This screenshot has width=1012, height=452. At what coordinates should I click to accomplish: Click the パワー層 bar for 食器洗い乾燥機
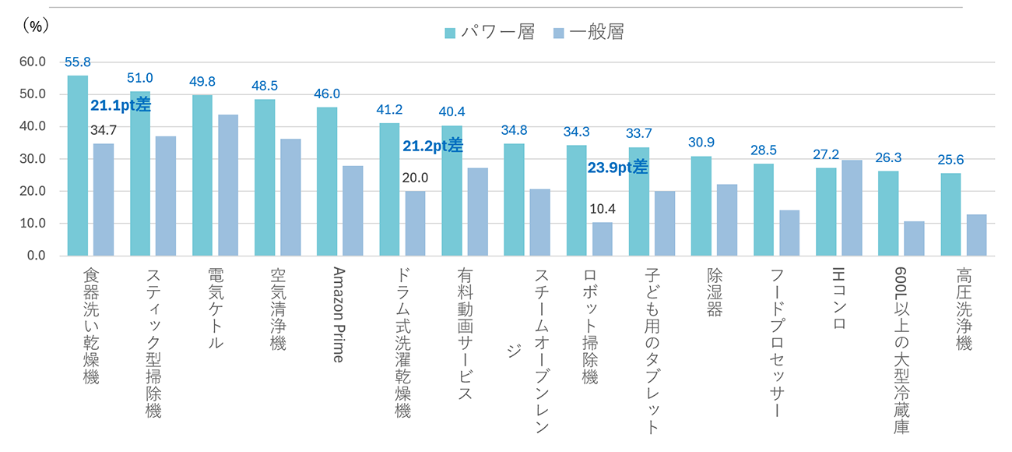[x=78, y=165]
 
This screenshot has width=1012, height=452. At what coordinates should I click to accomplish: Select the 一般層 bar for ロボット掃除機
[x=602, y=238]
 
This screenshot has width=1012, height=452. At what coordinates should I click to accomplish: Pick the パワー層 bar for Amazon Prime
[x=327, y=182]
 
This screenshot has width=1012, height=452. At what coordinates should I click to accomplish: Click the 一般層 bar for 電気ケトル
[x=228, y=185]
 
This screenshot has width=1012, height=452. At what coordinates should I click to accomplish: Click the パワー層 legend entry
[x=489, y=32]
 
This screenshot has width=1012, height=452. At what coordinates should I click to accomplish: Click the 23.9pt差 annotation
[x=618, y=167]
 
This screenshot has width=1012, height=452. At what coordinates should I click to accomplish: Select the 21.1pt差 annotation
[x=121, y=105]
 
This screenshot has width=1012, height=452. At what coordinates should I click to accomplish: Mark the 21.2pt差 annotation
[x=433, y=146]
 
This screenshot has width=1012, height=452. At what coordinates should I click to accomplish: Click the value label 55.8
[x=79, y=62]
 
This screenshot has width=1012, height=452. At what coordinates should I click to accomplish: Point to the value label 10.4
[x=602, y=209]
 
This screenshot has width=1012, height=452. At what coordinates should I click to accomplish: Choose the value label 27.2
[x=827, y=154]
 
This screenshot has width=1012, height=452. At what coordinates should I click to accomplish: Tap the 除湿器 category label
[x=715, y=292]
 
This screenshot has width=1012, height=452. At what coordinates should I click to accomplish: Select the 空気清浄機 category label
[x=278, y=309]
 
